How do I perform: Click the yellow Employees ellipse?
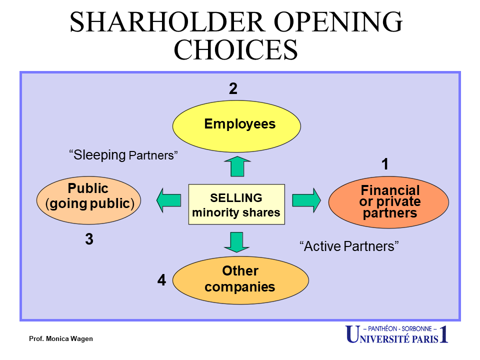click(236, 126)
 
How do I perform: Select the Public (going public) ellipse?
click(89, 200)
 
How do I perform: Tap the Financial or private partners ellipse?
click(389, 202)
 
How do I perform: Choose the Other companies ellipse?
click(240, 280)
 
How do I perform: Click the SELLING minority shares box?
click(236, 204)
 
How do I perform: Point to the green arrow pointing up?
click(237, 166)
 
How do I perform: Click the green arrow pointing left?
click(168, 200)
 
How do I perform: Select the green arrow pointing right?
click(306, 200)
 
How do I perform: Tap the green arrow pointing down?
click(236, 242)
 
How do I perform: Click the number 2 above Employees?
click(233, 88)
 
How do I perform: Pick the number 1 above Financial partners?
click(385, 164)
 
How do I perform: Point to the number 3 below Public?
click(89, 239)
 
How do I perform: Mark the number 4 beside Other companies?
click(161, 280)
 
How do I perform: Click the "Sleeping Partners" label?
click(123, 155)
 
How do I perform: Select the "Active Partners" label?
click(349, 246)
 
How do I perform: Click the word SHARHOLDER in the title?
click(167, 22)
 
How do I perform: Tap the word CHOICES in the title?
click(235, 49)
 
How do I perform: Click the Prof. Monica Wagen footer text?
click(61, 338)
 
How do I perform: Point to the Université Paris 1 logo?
click(397, 334)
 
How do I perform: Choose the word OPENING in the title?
click(337, 22)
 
